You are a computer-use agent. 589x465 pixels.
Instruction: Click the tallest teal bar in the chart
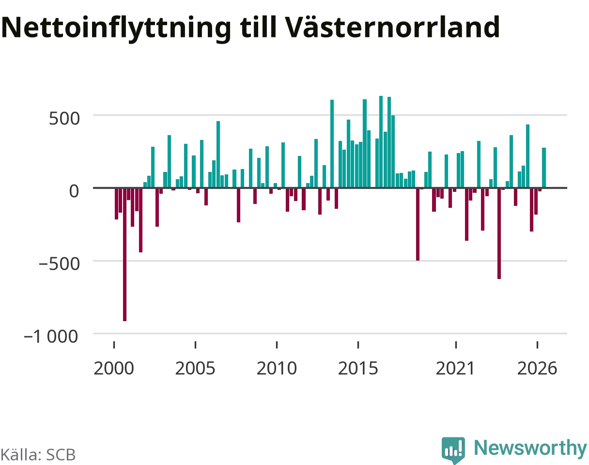(381, 142)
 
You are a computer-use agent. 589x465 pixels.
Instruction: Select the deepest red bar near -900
(124, 254)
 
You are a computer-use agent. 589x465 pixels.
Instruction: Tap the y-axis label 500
(64, 119)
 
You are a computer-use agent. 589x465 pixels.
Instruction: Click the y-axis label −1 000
(51, 337)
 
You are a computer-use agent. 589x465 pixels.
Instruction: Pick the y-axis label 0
(74, 191)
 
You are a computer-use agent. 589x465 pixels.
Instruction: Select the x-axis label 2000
(114, 369)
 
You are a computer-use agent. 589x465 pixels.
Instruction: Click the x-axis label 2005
(195, 369)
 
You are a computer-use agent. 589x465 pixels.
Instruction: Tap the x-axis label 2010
(277, 369)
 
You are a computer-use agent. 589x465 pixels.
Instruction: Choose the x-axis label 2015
(358, 369)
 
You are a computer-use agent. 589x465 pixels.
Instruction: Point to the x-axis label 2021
(455, 369)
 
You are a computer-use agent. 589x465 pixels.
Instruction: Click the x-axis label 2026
(537, 369)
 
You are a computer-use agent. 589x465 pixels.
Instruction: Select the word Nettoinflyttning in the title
(116, 29)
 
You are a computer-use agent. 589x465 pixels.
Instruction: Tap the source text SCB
(61, 455)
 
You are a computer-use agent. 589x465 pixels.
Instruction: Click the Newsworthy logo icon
(453, 450)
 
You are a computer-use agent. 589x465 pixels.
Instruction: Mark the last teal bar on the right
(544, 168)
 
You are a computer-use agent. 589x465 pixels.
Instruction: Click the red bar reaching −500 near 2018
(418, 224)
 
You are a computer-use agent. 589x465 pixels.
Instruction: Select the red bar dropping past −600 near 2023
(499, 233)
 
